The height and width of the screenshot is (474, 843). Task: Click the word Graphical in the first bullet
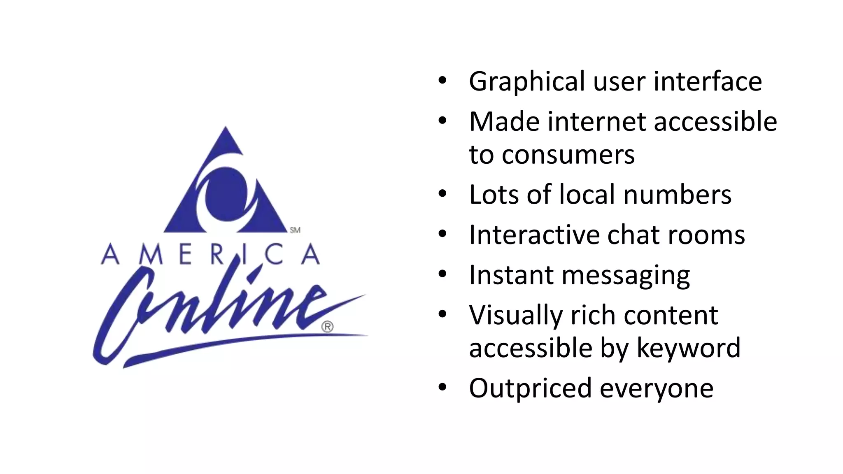(526, 82)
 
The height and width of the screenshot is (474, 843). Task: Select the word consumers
(568, 155)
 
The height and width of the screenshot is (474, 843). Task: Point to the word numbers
(677, 194)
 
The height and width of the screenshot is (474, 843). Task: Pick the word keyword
(688, 348)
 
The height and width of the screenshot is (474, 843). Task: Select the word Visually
(516, 316)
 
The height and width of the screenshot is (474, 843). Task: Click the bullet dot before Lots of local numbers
(442, 193)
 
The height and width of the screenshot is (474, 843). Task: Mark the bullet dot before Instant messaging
(442, 274)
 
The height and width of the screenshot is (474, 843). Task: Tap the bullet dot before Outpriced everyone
(442, 387)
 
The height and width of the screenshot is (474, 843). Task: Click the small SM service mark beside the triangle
(295, 230)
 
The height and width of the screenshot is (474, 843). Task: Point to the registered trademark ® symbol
(327, 327)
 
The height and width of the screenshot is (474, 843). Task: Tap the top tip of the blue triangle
(226, 128)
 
